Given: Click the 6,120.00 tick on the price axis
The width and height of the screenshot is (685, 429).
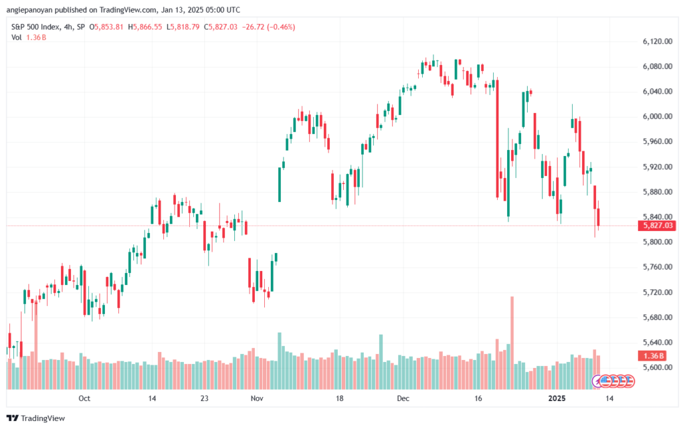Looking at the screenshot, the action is [x=657, y=41].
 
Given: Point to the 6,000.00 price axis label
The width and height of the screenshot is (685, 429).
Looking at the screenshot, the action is [x=657, y=116].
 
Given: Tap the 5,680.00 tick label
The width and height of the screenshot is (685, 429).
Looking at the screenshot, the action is [x=657, y=318].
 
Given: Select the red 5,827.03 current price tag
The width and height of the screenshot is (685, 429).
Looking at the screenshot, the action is [x=657, y=226].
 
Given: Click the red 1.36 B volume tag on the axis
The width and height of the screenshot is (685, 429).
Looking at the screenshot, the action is [x=654, y=355].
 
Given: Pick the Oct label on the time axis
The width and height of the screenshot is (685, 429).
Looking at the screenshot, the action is [x=84, y=398].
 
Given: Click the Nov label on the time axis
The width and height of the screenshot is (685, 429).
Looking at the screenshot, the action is [x=257, y=398].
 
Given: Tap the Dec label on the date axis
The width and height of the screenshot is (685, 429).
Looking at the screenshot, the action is [x=403, y=398].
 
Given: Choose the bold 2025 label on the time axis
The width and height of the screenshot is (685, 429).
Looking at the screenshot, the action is [x=557, y=398].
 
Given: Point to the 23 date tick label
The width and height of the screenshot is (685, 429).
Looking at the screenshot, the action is [x=204, y=398].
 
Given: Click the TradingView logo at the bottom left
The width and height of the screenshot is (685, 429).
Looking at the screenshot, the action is [x=36, y=418].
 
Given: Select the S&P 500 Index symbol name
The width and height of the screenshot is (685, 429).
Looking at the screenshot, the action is [x=36, y=27].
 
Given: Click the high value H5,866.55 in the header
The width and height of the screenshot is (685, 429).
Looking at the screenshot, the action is [x=145, y=27].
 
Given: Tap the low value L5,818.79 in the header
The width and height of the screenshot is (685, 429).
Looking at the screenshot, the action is [x=183, y=27].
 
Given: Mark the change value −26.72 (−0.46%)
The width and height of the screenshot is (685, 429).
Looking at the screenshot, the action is [x=269, y=27].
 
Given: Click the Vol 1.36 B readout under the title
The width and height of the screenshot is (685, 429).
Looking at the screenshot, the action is [x=29, y=37].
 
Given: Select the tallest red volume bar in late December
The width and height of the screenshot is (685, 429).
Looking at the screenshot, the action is [x=512, y=343].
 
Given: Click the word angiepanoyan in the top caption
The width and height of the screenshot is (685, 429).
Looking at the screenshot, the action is [x=29, y=9].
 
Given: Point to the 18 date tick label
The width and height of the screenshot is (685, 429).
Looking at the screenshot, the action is [x=339, y=398].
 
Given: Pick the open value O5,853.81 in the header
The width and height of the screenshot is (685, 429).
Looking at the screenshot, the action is [x=106, y=27].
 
